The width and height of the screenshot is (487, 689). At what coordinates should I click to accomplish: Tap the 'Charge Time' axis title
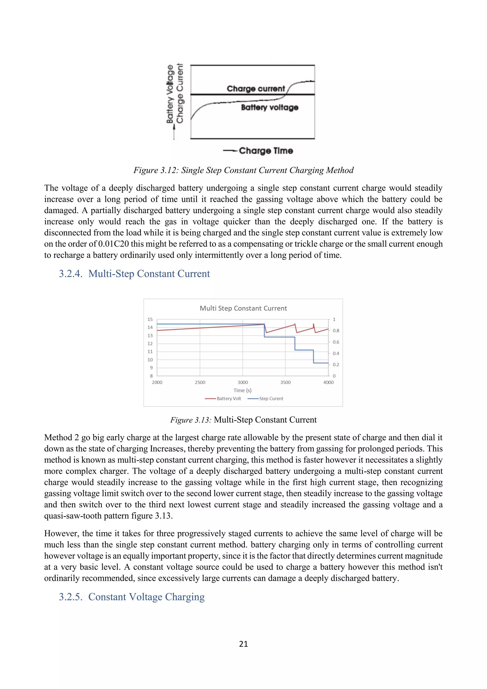click(x=266, y=151)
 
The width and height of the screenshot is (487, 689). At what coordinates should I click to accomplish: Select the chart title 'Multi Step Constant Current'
click(x=243, y=308)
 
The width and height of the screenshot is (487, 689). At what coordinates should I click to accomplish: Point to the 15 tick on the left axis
click(x=150, y=319)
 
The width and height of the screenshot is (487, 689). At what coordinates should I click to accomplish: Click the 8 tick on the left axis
click(x=151, y=376)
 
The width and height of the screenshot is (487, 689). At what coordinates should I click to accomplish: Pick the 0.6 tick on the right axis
click(x=336, y=342)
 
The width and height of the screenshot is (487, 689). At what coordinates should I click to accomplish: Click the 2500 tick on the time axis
click(x=200, y=382)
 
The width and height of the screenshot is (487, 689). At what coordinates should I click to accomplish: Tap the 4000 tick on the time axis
click(x=328, y=382)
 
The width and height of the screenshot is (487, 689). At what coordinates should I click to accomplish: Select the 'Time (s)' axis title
click(x=242, y=390)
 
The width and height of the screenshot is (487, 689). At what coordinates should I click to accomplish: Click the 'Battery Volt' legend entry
click(x=229, y=399)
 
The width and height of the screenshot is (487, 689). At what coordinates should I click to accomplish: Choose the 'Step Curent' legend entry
click(x=271, y=399)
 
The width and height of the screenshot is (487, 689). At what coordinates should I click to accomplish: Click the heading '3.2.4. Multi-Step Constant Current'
click(x=134, y=274)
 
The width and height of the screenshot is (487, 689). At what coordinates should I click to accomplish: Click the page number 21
click(x=243, y=644)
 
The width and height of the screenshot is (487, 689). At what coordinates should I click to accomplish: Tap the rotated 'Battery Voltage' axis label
click(x=170, y=94)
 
